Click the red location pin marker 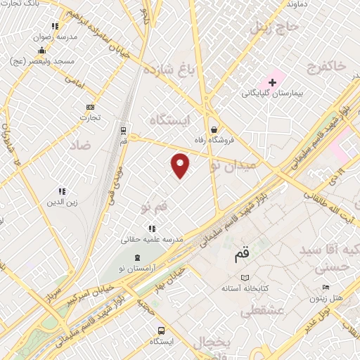[181, 165]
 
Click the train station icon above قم [124, 130]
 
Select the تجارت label [90, 117]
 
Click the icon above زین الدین [62, 191]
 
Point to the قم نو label [155, 207]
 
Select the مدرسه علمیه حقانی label [153, 239]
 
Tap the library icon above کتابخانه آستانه [244, 278]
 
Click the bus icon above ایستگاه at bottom [162, 330]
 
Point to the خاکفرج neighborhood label [328, 66]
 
